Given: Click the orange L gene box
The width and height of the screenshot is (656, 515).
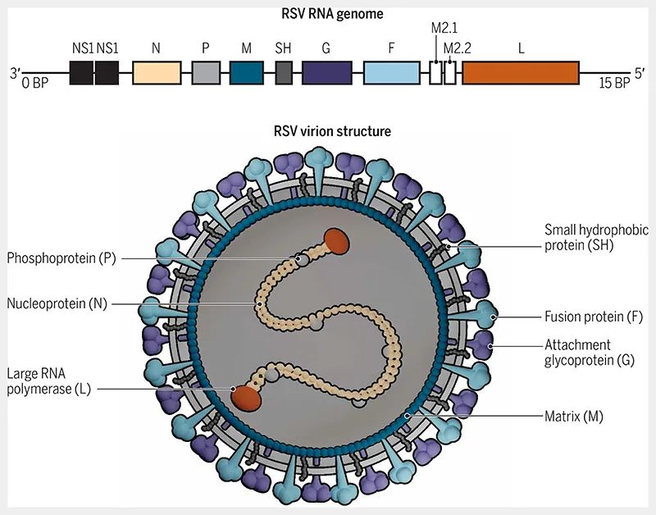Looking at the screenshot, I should (x=521, y=73).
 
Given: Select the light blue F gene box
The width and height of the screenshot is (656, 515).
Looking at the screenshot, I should (x=391, y=73).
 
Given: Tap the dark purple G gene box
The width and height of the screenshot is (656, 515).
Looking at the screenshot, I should (x=326, y=73).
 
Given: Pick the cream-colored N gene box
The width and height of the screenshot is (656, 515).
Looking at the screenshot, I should (x=156, y=73).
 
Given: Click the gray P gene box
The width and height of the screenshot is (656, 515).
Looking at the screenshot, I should (x=206, y=73).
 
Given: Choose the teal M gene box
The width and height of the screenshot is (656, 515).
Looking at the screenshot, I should (x=246, y=73).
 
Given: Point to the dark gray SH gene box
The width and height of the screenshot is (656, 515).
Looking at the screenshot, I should (x=284, y=73).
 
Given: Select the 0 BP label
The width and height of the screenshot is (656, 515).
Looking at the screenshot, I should (x=36, y=83).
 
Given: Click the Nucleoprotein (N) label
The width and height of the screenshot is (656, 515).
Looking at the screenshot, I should (x=57, y=303).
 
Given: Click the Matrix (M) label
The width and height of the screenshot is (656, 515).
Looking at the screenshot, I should (x=574, y=417).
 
